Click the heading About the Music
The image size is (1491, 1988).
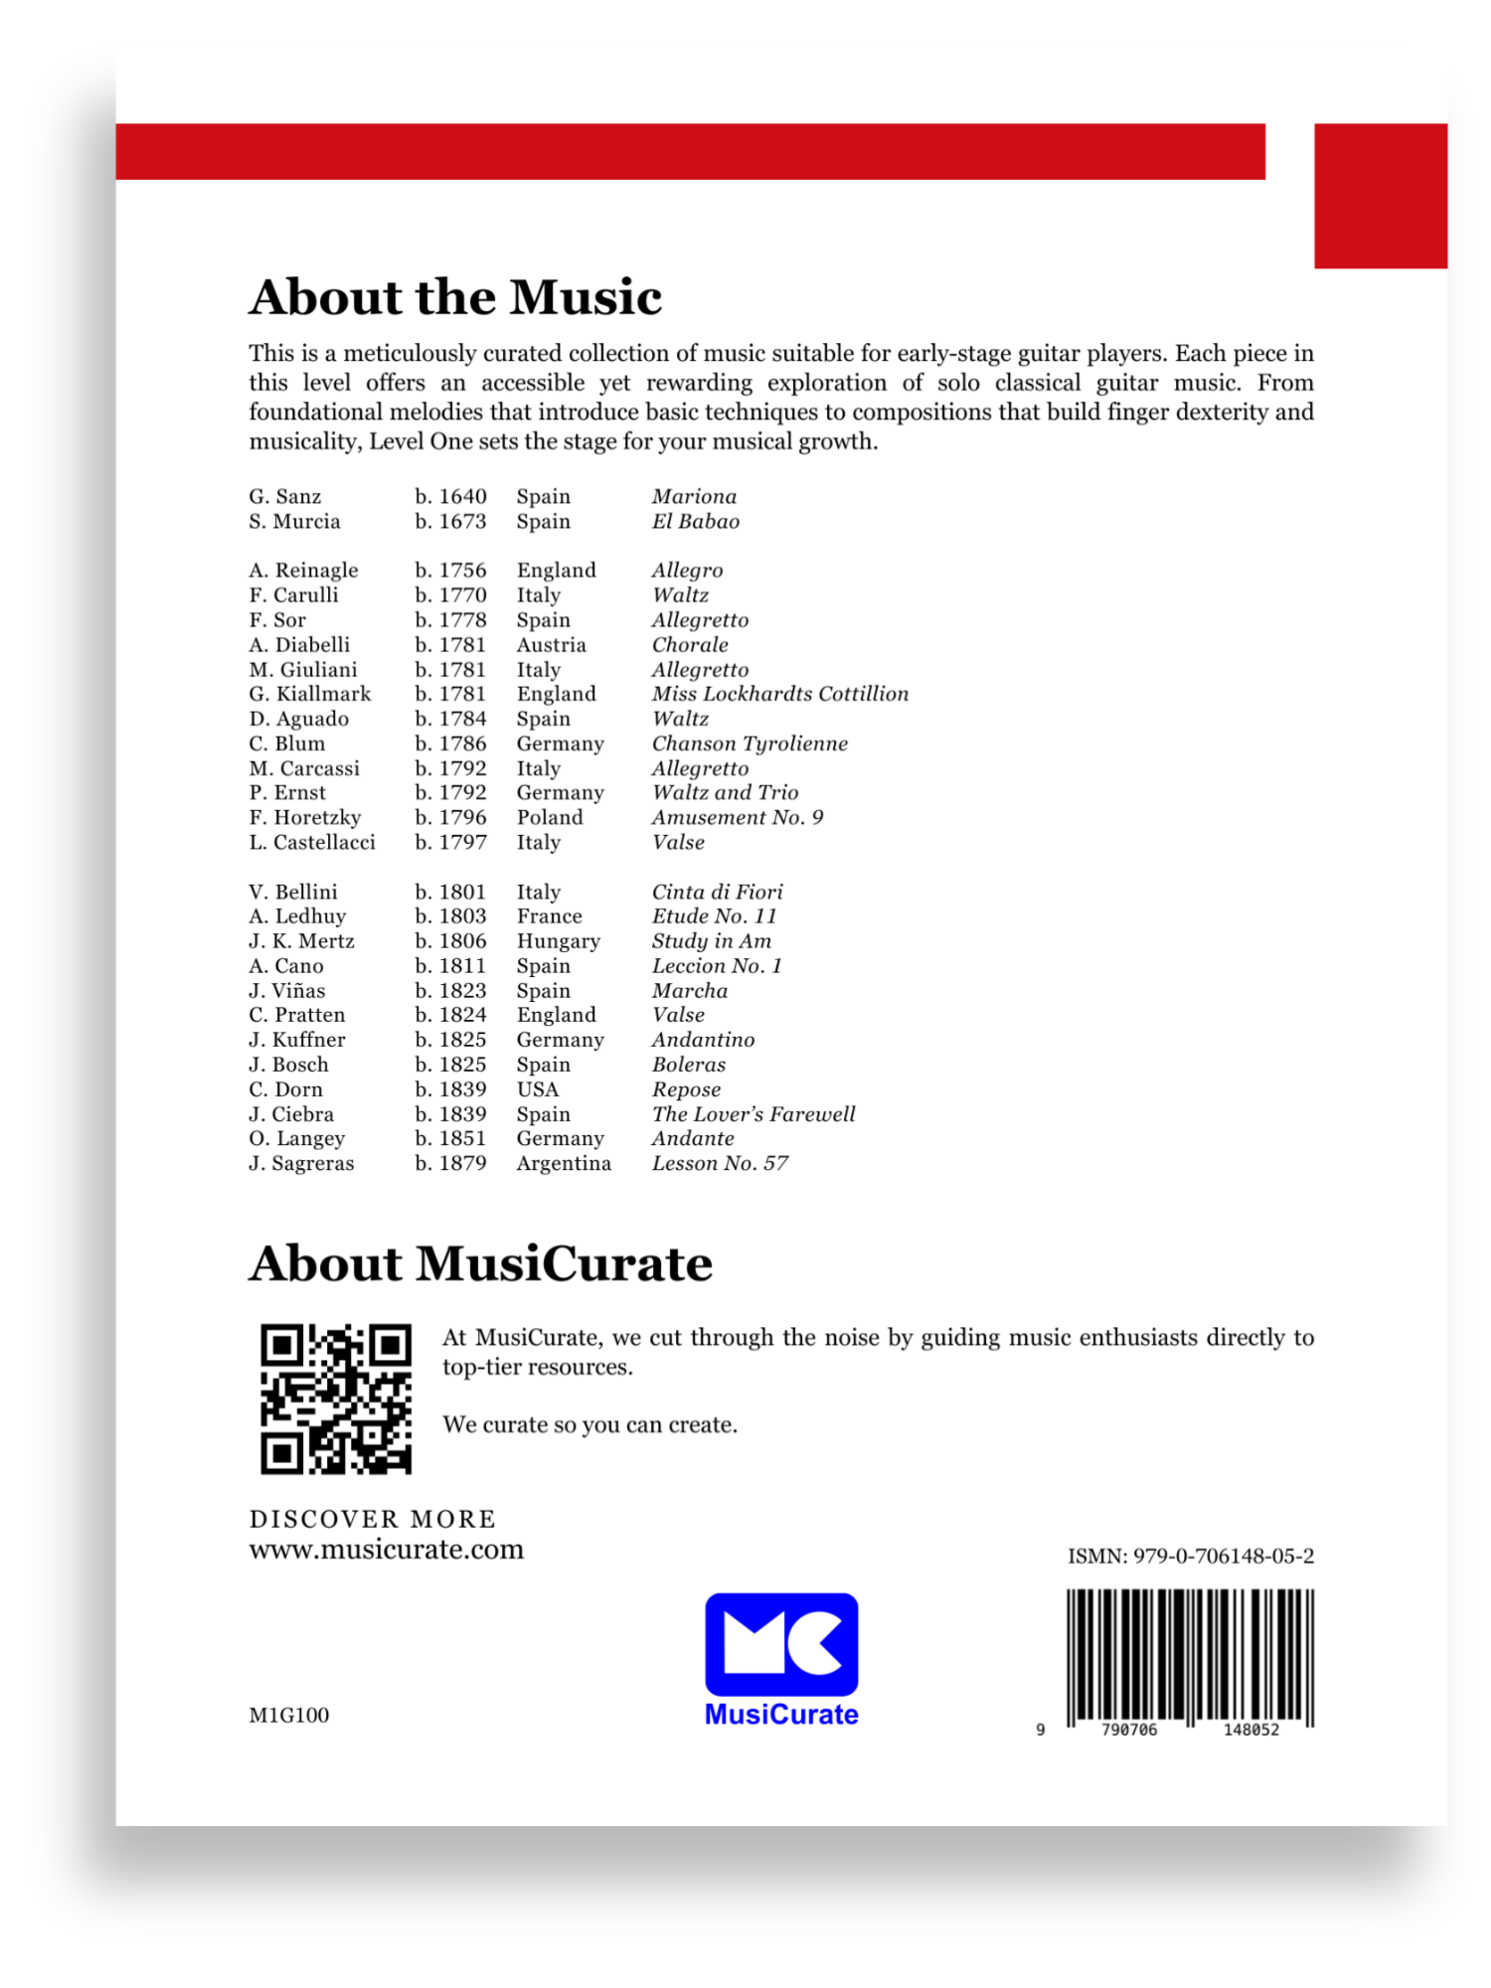point(455,297)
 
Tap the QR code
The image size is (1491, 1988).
point(336,1399)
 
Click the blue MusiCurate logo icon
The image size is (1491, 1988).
point(781,1644)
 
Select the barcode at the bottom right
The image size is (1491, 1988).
point(1190,1657)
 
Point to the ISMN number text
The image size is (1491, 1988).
point(1190,1556)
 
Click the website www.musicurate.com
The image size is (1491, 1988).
point(386,1550)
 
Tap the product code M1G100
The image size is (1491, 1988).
point(288,1715)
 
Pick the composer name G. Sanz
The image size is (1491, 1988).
point(285,496)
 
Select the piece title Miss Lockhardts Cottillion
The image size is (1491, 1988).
point(780,694)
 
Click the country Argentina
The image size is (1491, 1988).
point(564,1163)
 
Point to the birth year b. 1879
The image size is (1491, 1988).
point(450,1163)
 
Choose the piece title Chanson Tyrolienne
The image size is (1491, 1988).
point(749,744)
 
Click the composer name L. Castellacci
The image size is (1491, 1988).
point(312,842)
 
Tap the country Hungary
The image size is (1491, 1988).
point(559,940)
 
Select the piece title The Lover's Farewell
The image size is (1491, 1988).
point(753,1114)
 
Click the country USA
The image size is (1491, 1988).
point(538,1089)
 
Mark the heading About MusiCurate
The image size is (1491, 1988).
point(480,1263)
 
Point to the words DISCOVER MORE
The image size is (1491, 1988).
point(373,1519)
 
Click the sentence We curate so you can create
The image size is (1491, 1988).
point(590,1424)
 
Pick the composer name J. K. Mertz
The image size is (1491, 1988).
point(301,940)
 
